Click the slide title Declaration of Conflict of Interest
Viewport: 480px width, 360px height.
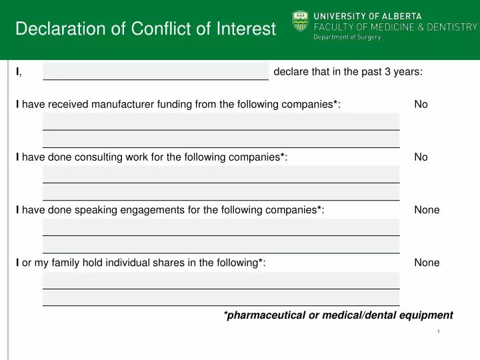click(145, 29)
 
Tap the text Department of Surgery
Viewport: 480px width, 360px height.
click(347, 37)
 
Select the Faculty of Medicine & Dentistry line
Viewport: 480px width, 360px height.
click(395, 27)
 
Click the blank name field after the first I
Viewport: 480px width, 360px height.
click(155, 72)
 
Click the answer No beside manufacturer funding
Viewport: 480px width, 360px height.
click(421, 104)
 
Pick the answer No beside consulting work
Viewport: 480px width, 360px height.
click(421, 157)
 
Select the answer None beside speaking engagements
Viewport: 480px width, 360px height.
click(427, 210)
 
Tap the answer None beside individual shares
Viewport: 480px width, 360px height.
click(427, 263)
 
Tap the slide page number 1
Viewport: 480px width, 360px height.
click(439, 331)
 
